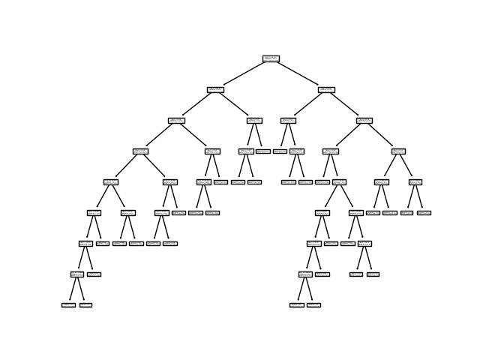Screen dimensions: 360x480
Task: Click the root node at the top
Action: (271, 58)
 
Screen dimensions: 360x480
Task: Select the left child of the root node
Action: (215, 89)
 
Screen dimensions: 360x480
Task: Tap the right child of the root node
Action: (326, 89)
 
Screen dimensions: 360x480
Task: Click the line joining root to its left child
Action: (243, 73)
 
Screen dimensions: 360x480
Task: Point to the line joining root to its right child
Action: (298, 73)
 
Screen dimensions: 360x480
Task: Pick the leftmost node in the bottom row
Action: (68, 304)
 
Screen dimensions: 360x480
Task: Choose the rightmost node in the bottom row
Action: (313, 304)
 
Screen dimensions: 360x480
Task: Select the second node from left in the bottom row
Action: (85, 304)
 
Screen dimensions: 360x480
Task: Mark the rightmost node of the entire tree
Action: (424, 212)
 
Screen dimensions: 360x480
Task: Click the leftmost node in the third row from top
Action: (176, 120)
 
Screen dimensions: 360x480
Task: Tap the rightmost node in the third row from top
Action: (364, 120)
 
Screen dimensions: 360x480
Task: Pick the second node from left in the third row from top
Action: (254, 120)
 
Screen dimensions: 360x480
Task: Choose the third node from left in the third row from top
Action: (288, 120)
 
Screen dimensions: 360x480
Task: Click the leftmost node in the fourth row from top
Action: (140, 151)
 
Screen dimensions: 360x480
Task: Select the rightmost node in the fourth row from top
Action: (398, 151)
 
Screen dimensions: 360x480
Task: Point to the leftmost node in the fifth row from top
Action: (111, 181)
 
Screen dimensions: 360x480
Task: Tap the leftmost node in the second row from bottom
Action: (77, 274)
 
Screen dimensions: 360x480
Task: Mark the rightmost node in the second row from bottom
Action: (373, 274)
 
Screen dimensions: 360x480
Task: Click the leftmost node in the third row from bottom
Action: (85, 243)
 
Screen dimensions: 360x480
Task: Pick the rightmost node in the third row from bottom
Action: (364, 243)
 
